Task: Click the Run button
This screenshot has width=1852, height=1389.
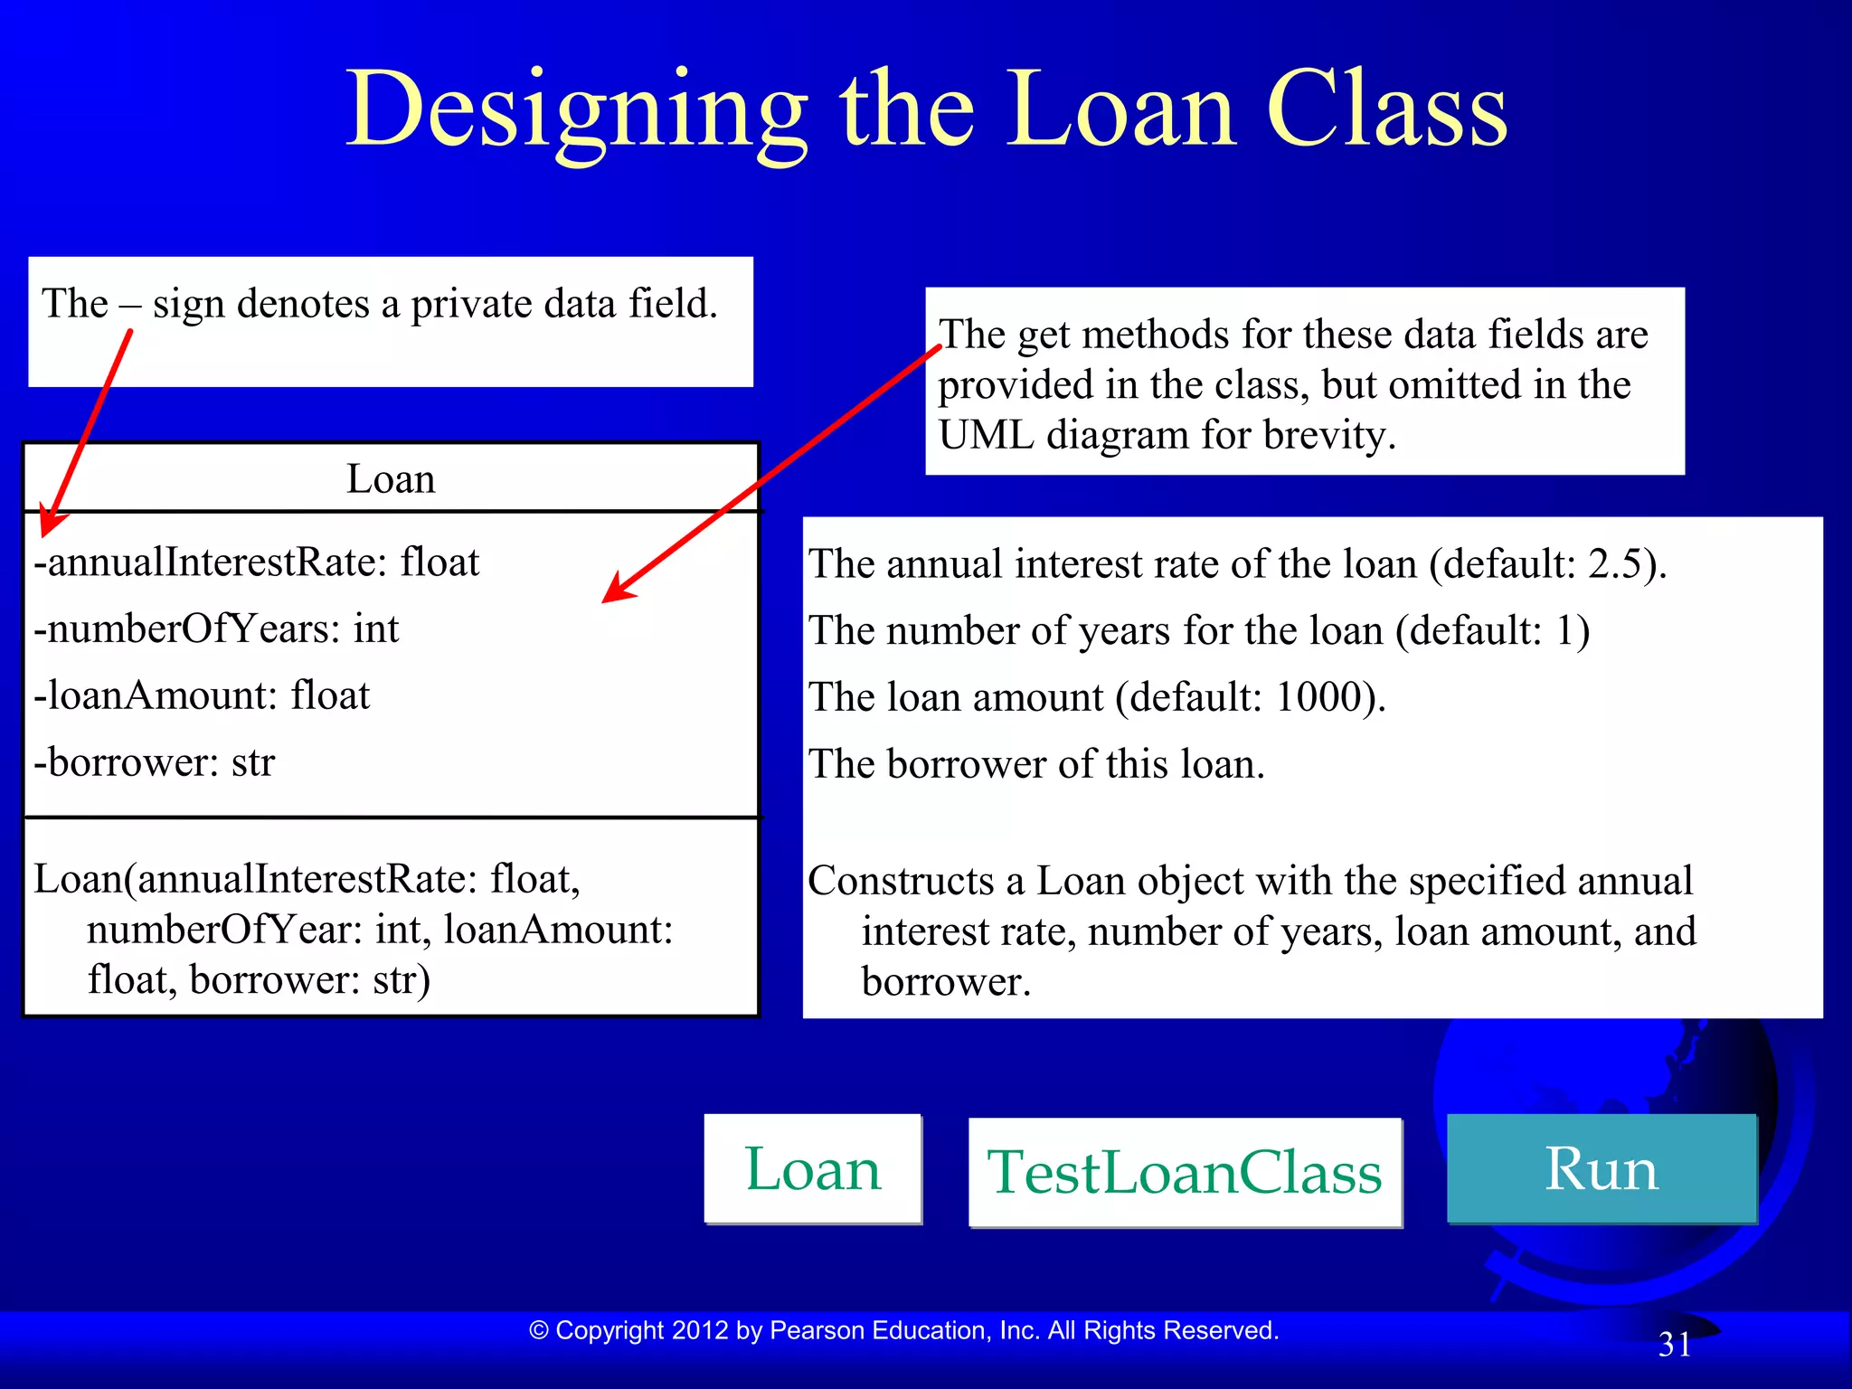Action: (x=1601, y=1169)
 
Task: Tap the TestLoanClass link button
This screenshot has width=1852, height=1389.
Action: (x=1185, y=1173)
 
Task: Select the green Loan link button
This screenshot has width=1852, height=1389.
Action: (x=812, y=1169)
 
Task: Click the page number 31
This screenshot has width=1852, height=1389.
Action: (x=1675, y=1345)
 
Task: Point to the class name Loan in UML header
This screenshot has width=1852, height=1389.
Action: (x=391, y=479)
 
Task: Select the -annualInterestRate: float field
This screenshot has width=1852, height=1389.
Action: (x=256, y=562)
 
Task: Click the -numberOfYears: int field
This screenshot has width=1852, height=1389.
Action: (x=216, y=629)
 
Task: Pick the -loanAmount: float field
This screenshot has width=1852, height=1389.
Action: (x=202, y=696)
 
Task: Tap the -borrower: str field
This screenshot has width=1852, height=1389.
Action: (x=154, y=763)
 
